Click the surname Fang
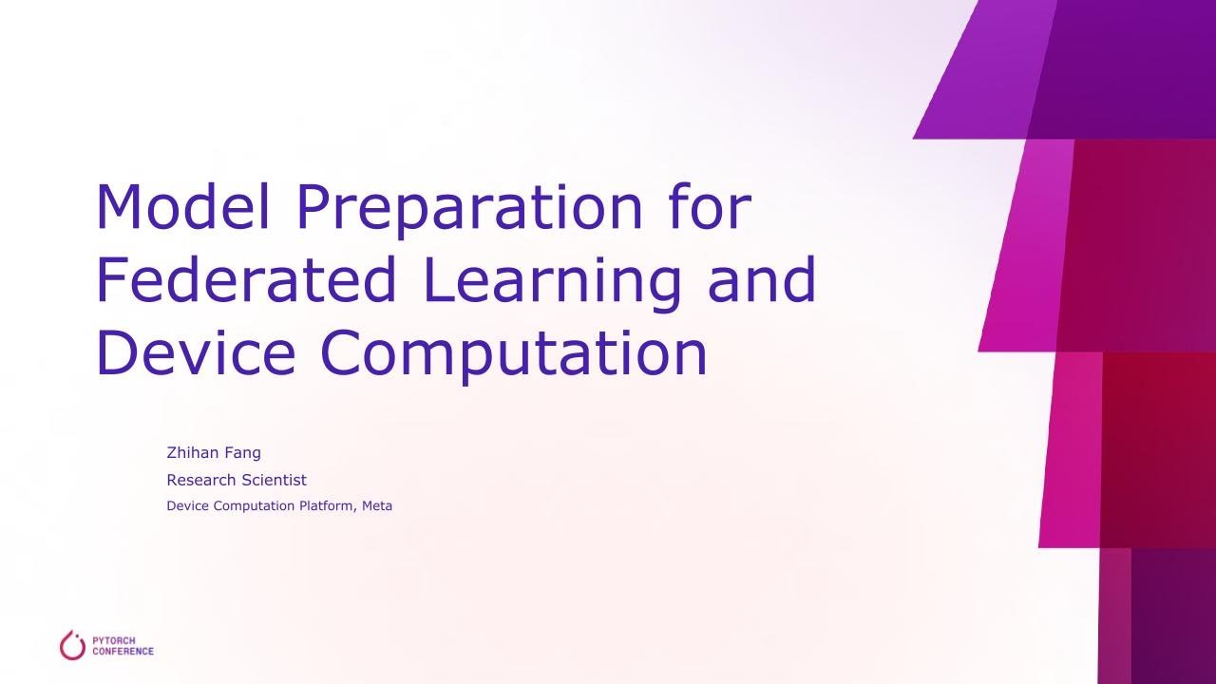pyautogui.click(x=243, y=453)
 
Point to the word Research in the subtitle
pyautogui.click(x=201, y=480)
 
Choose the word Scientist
pyautogui.click(x=274, y=480)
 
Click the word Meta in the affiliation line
pyautogui.click(x=377, y=506)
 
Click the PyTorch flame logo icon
pyautogui.click(x=73, y=645)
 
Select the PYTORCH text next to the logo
pyautogui.click(x=114, y=640)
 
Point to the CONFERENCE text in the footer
pyautogui.click(x=123, y=652)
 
